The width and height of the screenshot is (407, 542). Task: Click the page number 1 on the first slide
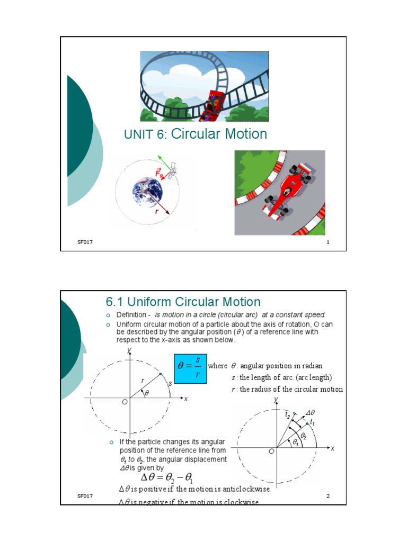click(329, 242)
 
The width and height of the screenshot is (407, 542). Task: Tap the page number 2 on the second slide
click(329, 496)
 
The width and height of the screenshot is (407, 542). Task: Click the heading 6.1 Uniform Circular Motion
click(183, 302)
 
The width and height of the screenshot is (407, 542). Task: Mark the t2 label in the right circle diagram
click(287, 414)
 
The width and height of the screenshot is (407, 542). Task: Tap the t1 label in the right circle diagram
click(313, 422)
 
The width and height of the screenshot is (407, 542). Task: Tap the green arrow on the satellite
click(165, 160)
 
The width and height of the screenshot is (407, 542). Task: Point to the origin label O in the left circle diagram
click(125, 402)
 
